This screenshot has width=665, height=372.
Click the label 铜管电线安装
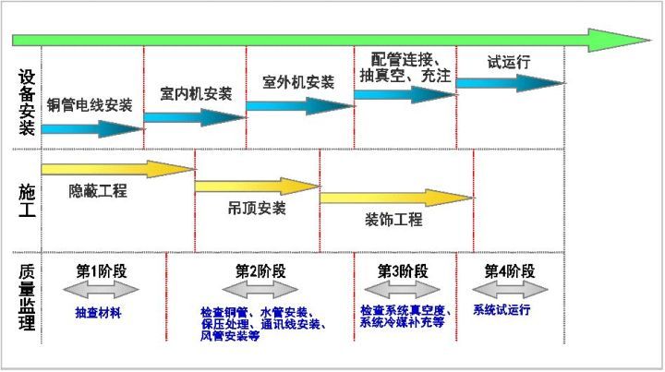point(90,104)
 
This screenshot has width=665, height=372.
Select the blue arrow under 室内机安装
point(195,117)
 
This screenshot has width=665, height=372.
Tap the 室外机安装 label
point(298,82)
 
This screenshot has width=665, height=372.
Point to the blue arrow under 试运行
point(510,83)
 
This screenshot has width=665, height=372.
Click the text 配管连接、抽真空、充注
point(405,67)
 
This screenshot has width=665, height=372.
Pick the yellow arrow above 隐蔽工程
point(118,169)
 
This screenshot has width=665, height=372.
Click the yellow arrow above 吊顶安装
point(258,186)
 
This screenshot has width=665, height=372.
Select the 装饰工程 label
point(393,220)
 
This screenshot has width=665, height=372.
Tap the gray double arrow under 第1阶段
point(101,290)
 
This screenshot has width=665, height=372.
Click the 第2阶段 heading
point(260,271)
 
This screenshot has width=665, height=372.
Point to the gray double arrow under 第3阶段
point(402,290)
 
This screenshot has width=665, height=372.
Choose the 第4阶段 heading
point(510,271)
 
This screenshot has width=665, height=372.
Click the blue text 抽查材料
point(98,313)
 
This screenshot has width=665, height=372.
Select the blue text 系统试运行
point(502,310)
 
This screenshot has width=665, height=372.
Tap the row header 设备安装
point(27,102)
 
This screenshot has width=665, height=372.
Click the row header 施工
point(27,200)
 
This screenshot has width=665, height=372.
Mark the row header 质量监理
point(27,297)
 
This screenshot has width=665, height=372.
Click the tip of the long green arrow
point(651,41)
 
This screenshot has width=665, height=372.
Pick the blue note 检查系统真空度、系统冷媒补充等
point(405,316)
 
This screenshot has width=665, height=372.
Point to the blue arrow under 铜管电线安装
point(93,129)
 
